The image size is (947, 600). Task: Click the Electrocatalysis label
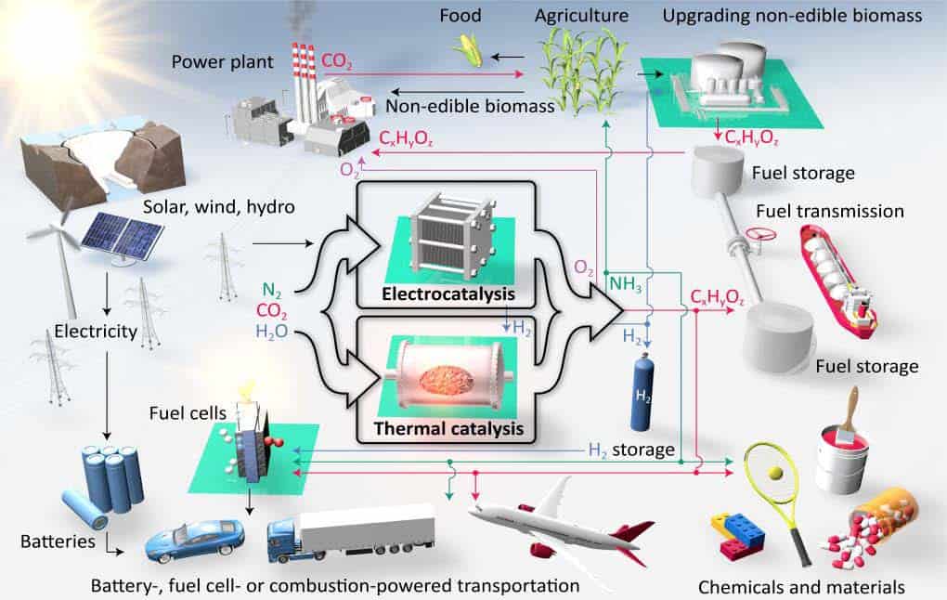tap(448, 294)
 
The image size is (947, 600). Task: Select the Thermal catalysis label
tap(448, 428)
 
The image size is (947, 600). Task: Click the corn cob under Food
tap(469, 49)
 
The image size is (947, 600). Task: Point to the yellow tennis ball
tap(775, 472)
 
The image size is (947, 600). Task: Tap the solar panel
tap(123, 235)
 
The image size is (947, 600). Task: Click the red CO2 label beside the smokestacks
tap(336, 61)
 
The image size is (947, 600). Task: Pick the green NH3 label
tap(625, 283)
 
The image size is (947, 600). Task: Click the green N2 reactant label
tap(272, 292)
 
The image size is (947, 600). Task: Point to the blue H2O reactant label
tap(272, 332)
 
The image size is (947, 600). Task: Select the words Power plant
tap(222, 61)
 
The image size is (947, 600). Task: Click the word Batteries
tap(58, 541)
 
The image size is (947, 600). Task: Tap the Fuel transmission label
tap(830, 211)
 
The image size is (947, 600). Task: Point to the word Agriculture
tap(581, 16)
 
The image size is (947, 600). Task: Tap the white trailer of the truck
tap(368, 524)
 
